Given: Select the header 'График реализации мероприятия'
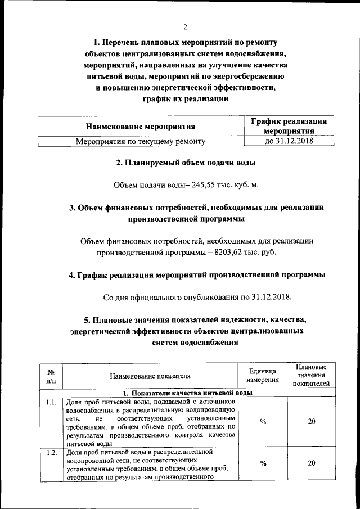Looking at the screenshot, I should tap(289, 127).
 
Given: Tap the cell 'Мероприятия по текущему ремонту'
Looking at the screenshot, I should tap(140, 142).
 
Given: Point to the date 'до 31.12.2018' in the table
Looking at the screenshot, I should tap(289, 142).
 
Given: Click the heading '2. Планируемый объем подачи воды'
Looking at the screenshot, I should tap(186, 163).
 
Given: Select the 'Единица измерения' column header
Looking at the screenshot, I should tap(263, 376).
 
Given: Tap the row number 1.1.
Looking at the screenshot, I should tap(50, 402).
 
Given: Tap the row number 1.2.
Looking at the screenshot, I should tap(50, 452).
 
